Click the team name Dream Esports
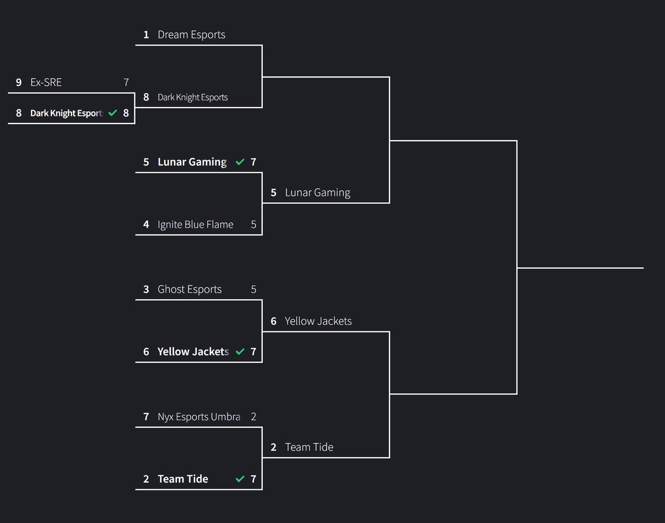point(191,35)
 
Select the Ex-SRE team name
point(46,83)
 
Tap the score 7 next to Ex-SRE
point(126,83)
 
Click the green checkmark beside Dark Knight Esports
point(113,113)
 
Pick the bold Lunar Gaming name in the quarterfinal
point(192,162)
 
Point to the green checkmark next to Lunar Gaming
point(240,162)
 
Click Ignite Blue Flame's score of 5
point(253,224)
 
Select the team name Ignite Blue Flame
point(195,224)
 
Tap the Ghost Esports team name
point(190,289)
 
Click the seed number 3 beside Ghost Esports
point(146,289)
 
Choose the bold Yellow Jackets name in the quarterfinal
point(193,352)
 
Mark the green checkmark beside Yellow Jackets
point(240,352)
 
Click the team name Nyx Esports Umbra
point(198,417)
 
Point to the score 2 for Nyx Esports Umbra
point(253,417)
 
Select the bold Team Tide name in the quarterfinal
point(183,479)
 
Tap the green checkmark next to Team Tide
point(240,479)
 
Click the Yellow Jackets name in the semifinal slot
point(318,321)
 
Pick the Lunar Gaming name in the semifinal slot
point(318,193)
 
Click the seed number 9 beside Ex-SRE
point(19,83)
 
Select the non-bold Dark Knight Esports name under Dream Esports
point(192,98)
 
